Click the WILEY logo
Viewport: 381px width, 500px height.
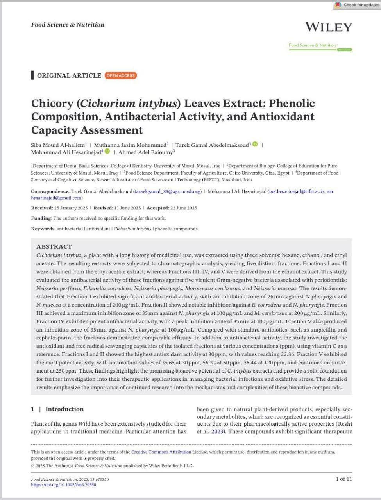(x=328, y=27)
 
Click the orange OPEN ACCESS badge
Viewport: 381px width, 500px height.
(x=121, y=75)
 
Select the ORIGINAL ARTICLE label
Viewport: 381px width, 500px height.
(x=69, y=75)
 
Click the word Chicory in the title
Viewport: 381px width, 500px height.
(x=52, y=104)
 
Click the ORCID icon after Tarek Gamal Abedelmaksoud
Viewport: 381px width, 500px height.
(x=255, y=144)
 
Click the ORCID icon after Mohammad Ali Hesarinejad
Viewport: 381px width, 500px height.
(x=107, y=151)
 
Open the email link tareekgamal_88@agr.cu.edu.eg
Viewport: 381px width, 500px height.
(x=168, y=191)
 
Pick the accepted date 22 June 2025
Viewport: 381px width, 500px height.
(x=183, y=208)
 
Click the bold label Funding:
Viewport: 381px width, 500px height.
(x=41, y=218)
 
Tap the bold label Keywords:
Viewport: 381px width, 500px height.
(x=43, y=229)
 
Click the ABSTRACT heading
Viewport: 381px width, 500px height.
(x=54, y=246)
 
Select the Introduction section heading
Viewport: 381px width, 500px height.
(x=64, y=409)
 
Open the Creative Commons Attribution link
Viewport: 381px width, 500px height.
(x=161, y=452)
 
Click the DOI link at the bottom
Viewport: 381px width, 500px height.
(x=63, y=485)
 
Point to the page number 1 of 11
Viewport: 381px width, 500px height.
(x=344, y=479)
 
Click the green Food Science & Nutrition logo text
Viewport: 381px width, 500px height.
(x=312, y=45)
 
